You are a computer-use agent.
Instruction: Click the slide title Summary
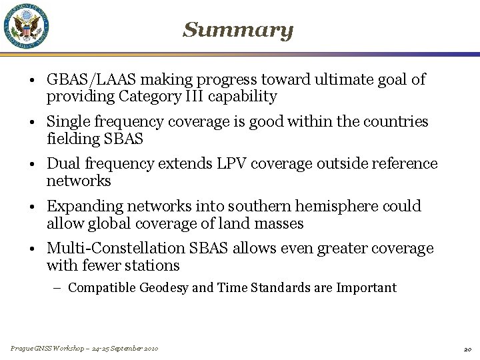(238, 30)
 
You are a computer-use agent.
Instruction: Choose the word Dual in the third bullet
(63, 164)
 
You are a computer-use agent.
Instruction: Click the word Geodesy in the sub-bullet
(165, 288)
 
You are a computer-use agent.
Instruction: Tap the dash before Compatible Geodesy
(59, 288)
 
